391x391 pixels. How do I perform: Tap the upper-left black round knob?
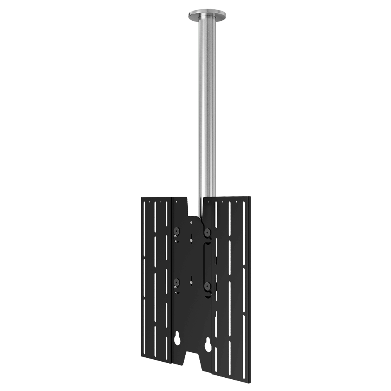click(x=176, y=231)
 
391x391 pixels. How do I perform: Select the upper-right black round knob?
click(x=207, y=233)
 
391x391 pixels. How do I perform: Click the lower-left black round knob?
click(x=176, y=282)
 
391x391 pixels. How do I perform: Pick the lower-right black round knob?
click(x=207, y=287)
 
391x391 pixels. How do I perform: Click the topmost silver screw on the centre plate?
click(x=191, y=222)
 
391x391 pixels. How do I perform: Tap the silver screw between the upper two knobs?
click(x=191, y=236)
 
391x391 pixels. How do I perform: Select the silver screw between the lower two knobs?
click(x=191, y=280)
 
